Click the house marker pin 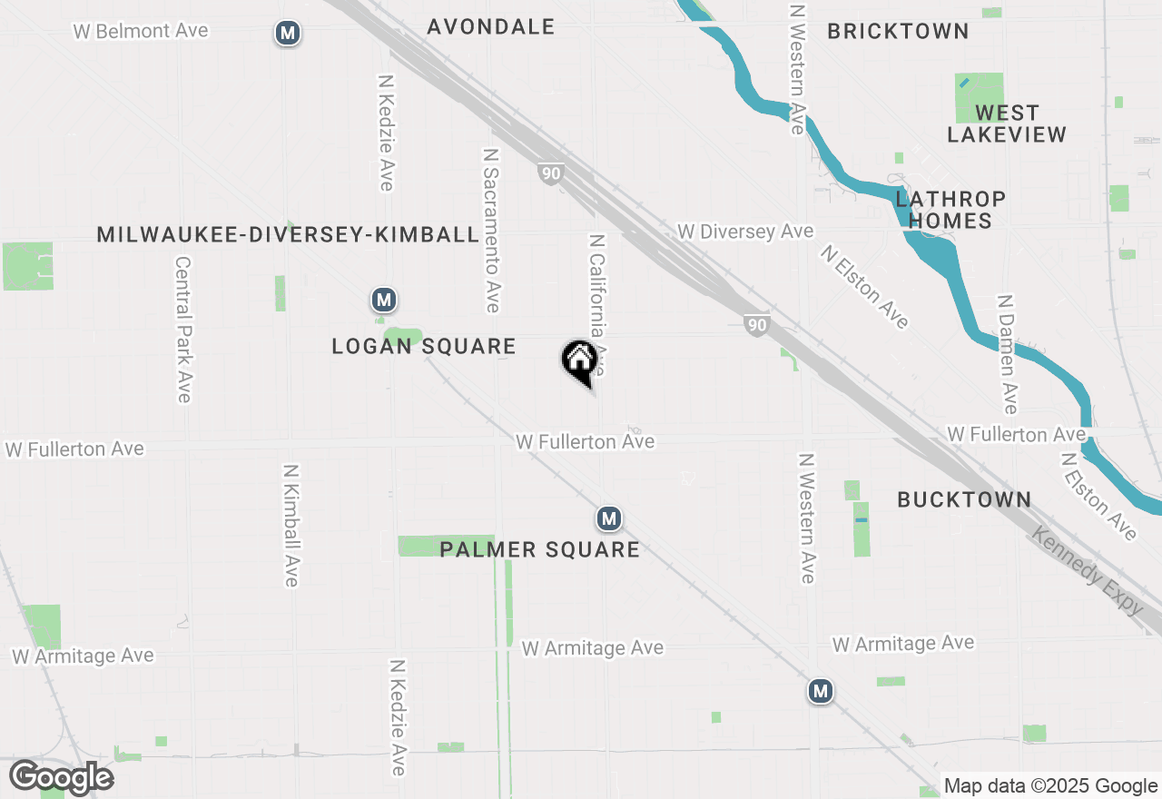[579, 362]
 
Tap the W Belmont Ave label [141, 31]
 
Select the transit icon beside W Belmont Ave [288, 34]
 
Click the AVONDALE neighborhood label [491, 26]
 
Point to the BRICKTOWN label [898, 31]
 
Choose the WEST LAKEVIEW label [1007, 123]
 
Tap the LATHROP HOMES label [950, 210]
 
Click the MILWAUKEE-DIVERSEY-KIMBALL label [288, 234]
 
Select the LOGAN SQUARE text [424, 346]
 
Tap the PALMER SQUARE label [539, 549]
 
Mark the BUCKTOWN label [964, 499]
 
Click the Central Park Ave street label [183, 329]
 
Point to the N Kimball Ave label [290, 526]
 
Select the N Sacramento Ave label [491, 232]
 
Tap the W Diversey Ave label [745, 232]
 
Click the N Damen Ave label [1006, 353]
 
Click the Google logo [61, 778]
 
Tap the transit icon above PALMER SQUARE [608, 518]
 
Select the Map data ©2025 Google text [1050, 786]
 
